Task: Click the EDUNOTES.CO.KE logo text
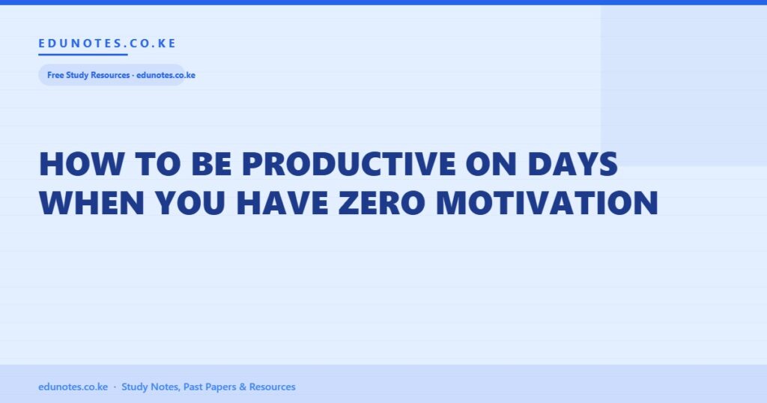[x=107, y=43]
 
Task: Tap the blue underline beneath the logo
[x=83, y=54]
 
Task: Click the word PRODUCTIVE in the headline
[x=349, y=163]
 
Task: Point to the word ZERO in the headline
[x=381, y=202]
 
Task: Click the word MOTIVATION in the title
[x=548, y=202]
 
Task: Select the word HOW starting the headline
[x=81, y=163]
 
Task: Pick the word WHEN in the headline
[x=92, y=202]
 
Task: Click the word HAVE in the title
[x=282, y=202]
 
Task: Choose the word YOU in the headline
[x=190, y=202]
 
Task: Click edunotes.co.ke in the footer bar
[x=73, y=387]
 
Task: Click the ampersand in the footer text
[x=243, y=387]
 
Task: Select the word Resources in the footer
[x=273, y=387]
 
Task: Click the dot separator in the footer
[x=115, y=387]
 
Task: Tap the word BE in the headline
[x=211, y=163]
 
